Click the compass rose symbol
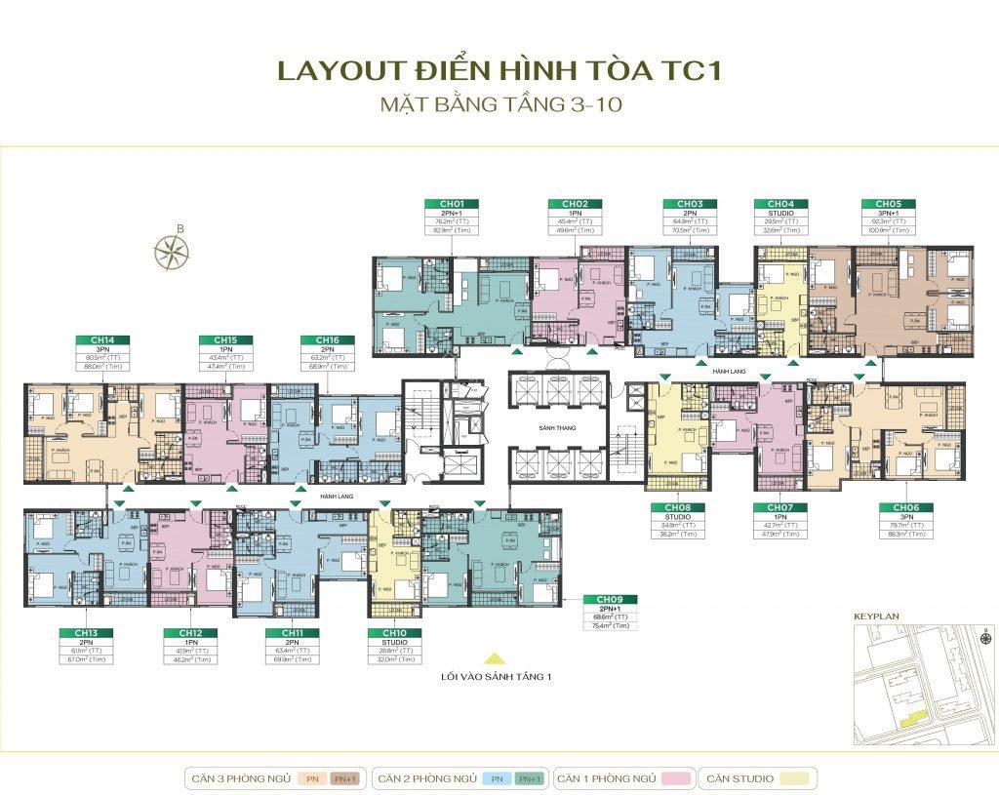pyautogui.click(x=171, y=251)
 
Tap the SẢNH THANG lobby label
pyautogui.click(x=556, y=429)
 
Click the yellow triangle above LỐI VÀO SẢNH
pyautogui.click(x=495, y=657)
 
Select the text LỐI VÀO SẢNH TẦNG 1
pyautogui.click(x=495, y=675)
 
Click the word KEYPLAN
pyautogui.click(x=874, y=617)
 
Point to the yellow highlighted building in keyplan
pyautogui.click(x=912, y=720)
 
